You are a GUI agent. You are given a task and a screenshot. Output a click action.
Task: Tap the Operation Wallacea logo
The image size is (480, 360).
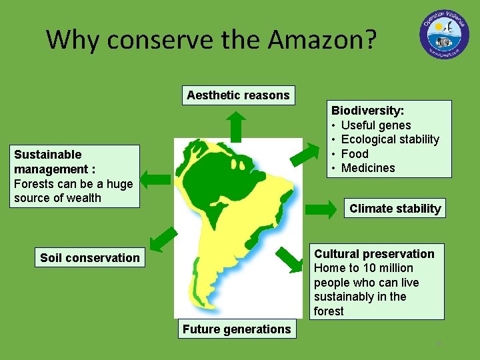pos(445,35)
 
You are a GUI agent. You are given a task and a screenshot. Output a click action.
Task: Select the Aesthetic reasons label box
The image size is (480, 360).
pos(238,95)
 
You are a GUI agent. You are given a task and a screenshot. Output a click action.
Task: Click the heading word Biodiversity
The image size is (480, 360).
pos(367,111)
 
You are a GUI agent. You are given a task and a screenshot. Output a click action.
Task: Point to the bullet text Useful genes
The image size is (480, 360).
pos(376,125)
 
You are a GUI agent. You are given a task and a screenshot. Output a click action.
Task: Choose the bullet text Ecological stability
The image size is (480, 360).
pos(390,139)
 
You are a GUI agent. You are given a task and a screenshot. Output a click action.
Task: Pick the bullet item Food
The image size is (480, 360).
pos(355,153)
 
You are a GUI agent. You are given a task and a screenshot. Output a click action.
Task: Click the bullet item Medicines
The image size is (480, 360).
pos(368,168)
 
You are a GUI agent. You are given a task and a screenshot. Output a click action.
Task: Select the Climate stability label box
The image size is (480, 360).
pos(395,209)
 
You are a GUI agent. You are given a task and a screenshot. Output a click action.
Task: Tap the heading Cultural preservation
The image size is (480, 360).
pos(374,254)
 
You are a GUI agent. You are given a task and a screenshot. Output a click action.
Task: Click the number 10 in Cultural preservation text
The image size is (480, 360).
pos(369,268)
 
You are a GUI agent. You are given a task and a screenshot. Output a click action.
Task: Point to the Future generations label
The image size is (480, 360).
pos(237,329)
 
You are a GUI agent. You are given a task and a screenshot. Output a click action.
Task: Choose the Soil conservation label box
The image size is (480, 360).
pos(90,258)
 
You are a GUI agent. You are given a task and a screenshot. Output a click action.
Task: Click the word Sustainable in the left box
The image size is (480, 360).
pos(48,155)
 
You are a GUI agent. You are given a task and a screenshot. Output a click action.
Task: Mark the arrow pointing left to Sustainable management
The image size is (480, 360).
pos(157,178)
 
